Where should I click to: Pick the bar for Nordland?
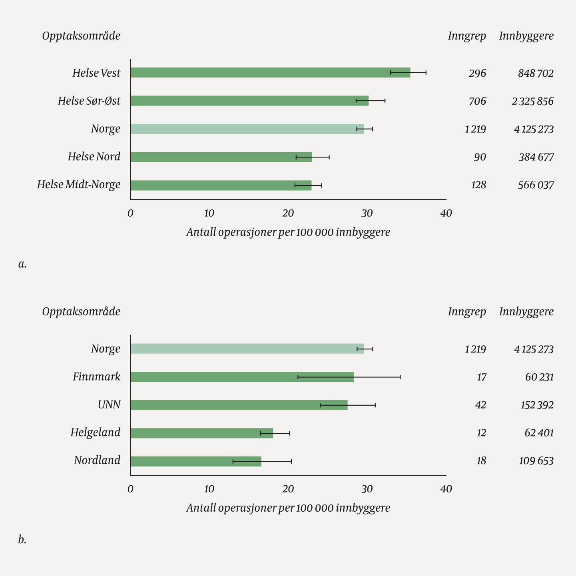click(x=196, y=461)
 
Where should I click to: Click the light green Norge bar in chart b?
click(x=247, y=349)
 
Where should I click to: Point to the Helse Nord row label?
click(x=94, y=157)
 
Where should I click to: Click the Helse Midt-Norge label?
click(x=79, y=185)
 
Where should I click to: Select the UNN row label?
click(x=109, y=405)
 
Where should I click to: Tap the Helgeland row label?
click(x=96, y=432)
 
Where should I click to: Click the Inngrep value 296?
click(x=477, y=73)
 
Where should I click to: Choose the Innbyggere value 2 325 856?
click(x=532, y=101)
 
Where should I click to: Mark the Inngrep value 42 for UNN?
click(x=480, y=405)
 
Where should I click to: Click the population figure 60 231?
click(x=539, y=377)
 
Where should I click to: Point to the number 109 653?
click(x=536, y=461)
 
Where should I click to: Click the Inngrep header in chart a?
click(x=467, y=36)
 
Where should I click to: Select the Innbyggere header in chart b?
click(x=526, y=312)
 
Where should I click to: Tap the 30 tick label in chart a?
click(x=367, y=213)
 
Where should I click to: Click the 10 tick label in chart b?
click(x=209, y=489)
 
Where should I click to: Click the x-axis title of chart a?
click(x=288, y=232)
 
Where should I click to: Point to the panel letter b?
click(x=22, y=540)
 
